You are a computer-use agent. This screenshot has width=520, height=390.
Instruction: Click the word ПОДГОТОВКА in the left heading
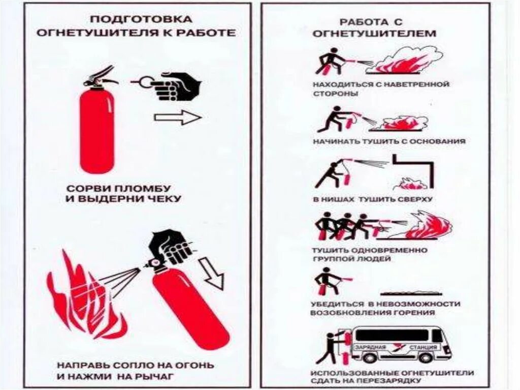point(141,19)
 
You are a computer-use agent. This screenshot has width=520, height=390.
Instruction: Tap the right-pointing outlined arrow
point(178,117)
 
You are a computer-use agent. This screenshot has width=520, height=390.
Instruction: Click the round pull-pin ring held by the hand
point(145,82)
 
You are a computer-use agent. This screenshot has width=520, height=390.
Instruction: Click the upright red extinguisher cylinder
point(97,132)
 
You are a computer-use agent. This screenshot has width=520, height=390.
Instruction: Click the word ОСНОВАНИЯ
point(438,141)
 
